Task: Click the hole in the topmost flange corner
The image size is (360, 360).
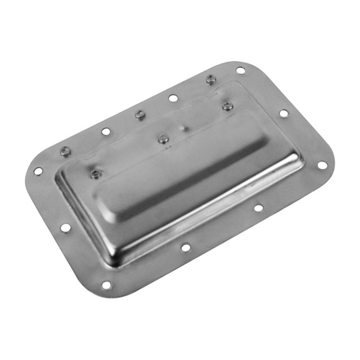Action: [240, 70]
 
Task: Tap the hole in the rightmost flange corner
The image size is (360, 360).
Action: [321, 166]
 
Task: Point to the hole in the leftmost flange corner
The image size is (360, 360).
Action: [38, 171]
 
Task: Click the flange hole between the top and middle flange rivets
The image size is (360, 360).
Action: [173, 98]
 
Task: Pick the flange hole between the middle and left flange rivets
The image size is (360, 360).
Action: [106, 132]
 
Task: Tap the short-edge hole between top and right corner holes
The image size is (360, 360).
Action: [283, 113]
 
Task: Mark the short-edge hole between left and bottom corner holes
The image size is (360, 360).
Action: [65, 228]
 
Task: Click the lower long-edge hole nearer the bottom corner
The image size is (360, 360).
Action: [186, 247]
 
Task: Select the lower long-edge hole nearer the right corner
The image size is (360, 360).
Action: [259, 208]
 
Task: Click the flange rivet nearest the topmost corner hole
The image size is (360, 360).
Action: [211, 79]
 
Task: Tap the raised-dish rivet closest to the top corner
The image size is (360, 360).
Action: [227, 106]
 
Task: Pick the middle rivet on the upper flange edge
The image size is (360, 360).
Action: [139, 115]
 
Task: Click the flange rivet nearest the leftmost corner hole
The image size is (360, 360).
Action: [64, 151]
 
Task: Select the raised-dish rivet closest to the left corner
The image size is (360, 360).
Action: [96, 173]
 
